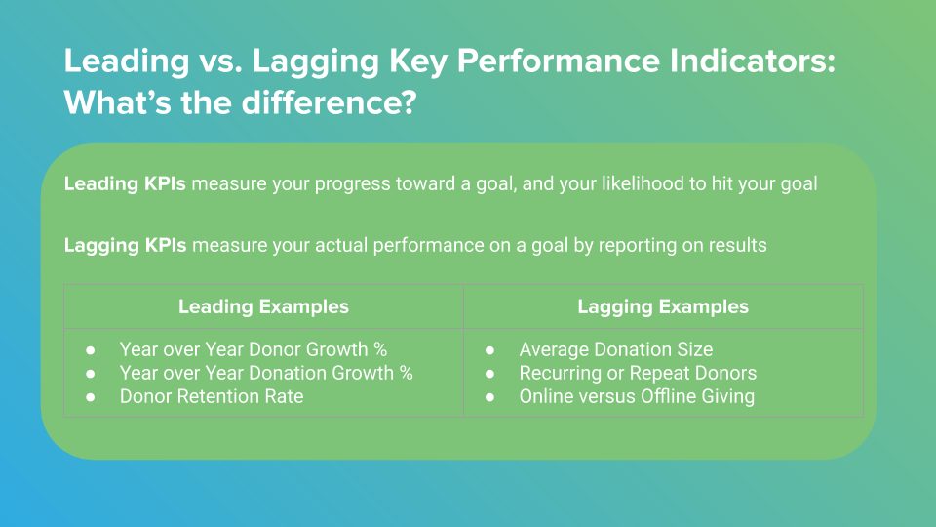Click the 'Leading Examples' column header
click(263, 307)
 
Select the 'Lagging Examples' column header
click(663, 307)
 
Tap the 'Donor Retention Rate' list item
click(212, 396)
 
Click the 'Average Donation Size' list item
click(615, 349)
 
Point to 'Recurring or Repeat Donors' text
click(638, 373)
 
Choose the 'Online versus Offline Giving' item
click(637, 396)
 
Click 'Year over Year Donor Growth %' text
click(253, 349)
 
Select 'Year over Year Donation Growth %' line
click(266, 373)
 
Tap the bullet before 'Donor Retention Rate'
click(90, 397)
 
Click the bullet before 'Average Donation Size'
click(489, 350)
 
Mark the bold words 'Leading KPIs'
click(125, 183)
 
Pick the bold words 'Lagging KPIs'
click(126, 245)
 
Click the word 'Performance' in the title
click(558, 61)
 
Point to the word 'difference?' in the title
click(329, 102)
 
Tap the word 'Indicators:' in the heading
click(752, 61)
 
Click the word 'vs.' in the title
click(221, 62)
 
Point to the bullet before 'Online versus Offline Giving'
click(489, 397)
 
